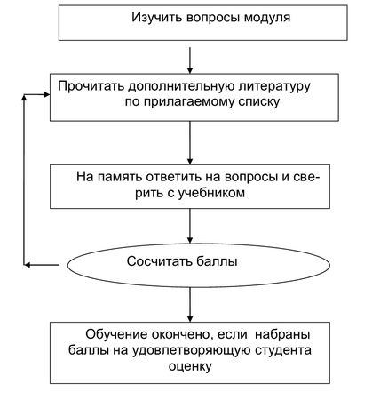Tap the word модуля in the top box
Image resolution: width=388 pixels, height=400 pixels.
pos(267,18)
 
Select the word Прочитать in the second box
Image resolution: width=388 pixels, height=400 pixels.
pos(91,86)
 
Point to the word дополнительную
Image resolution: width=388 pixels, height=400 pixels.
pos(179,87)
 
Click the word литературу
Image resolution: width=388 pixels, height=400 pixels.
pos(273,86)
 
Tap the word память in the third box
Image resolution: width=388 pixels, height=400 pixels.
pos(121,177)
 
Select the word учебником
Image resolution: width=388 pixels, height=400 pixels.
pos(211,193)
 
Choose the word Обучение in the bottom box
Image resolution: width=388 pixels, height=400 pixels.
pos(117,334)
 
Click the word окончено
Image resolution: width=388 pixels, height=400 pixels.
pos(183,335)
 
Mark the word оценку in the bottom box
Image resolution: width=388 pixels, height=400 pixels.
pos(190,366)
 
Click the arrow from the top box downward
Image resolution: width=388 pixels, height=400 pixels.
pos(190,60)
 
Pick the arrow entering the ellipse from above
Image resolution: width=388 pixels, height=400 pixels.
pos(190,226)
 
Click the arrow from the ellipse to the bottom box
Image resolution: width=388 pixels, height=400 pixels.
pos(190,305)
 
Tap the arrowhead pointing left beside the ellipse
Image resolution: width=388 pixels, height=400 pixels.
pos(27,265)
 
